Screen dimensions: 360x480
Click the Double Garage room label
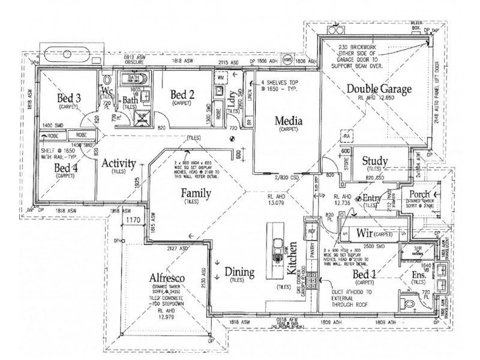(379, 90)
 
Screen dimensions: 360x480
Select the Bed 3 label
(69, 97)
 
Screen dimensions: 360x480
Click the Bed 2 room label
(182, 94)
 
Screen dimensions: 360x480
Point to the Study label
(375, 160)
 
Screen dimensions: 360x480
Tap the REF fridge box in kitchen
(311, 230)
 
